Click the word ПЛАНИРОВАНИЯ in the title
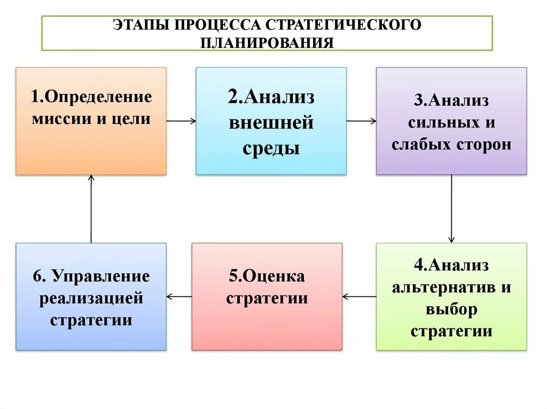tap(267, 42)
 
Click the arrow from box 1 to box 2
tap(181, 121)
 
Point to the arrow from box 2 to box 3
tap(361, 121)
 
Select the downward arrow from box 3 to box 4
tap(451, 208)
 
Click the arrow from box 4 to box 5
tap(359, 296)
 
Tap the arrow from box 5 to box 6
tap(179, 296)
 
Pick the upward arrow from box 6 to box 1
tap(91, 208)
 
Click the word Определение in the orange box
tap(99, 97)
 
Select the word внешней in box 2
tap(271, 123)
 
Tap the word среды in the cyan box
tap(271, 148)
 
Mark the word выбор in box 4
tap(451, 309)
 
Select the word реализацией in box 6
tap(91, 298)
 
